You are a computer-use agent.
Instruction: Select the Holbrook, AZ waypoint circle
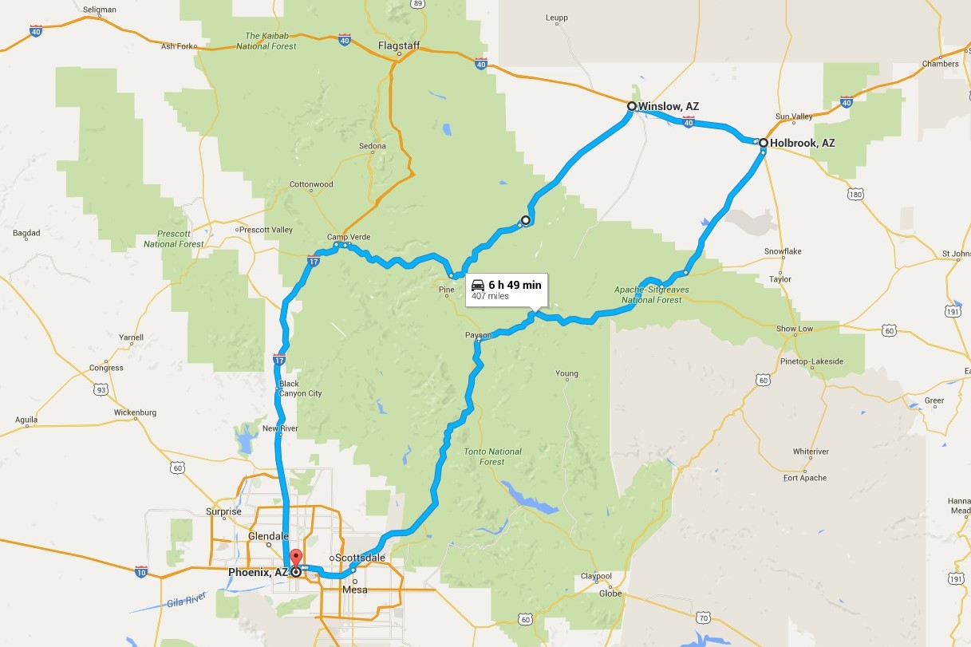[x=764, y=144]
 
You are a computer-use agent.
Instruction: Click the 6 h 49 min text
[x=515, y=285]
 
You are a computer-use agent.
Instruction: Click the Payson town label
[x=478, y=336]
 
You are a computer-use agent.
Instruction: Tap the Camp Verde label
[x=349, y=237]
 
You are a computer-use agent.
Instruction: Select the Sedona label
[x=372, y=146]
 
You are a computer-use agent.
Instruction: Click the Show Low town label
[x=795, y=329]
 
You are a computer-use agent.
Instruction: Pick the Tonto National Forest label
[x=493, y=456]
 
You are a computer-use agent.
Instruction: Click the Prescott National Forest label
[x=174, y=239]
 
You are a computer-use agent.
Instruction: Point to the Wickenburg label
[x=135, y=412]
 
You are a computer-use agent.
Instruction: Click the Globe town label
[x=610, y=593]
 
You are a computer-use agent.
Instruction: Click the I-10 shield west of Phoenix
[x=141, y=571]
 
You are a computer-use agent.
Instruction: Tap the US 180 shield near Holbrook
[x=855, y=194]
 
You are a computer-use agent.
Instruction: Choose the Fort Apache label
[x=805, y=478]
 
